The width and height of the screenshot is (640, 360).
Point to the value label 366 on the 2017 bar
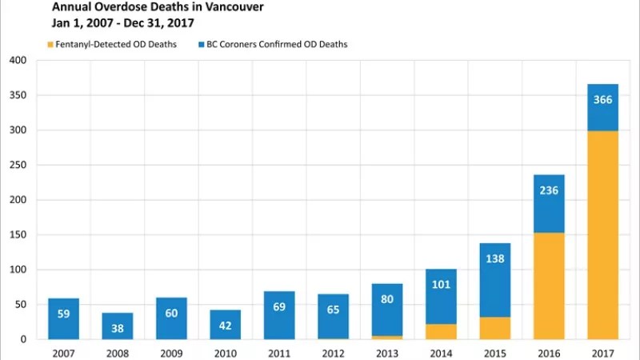pos(602,100)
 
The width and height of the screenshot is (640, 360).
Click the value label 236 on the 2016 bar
pos(549,190)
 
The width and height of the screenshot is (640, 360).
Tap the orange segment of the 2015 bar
pos(494,328)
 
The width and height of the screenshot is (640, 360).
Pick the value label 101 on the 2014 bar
pos(441,285)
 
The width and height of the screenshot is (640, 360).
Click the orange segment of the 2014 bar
pos(441,331)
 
